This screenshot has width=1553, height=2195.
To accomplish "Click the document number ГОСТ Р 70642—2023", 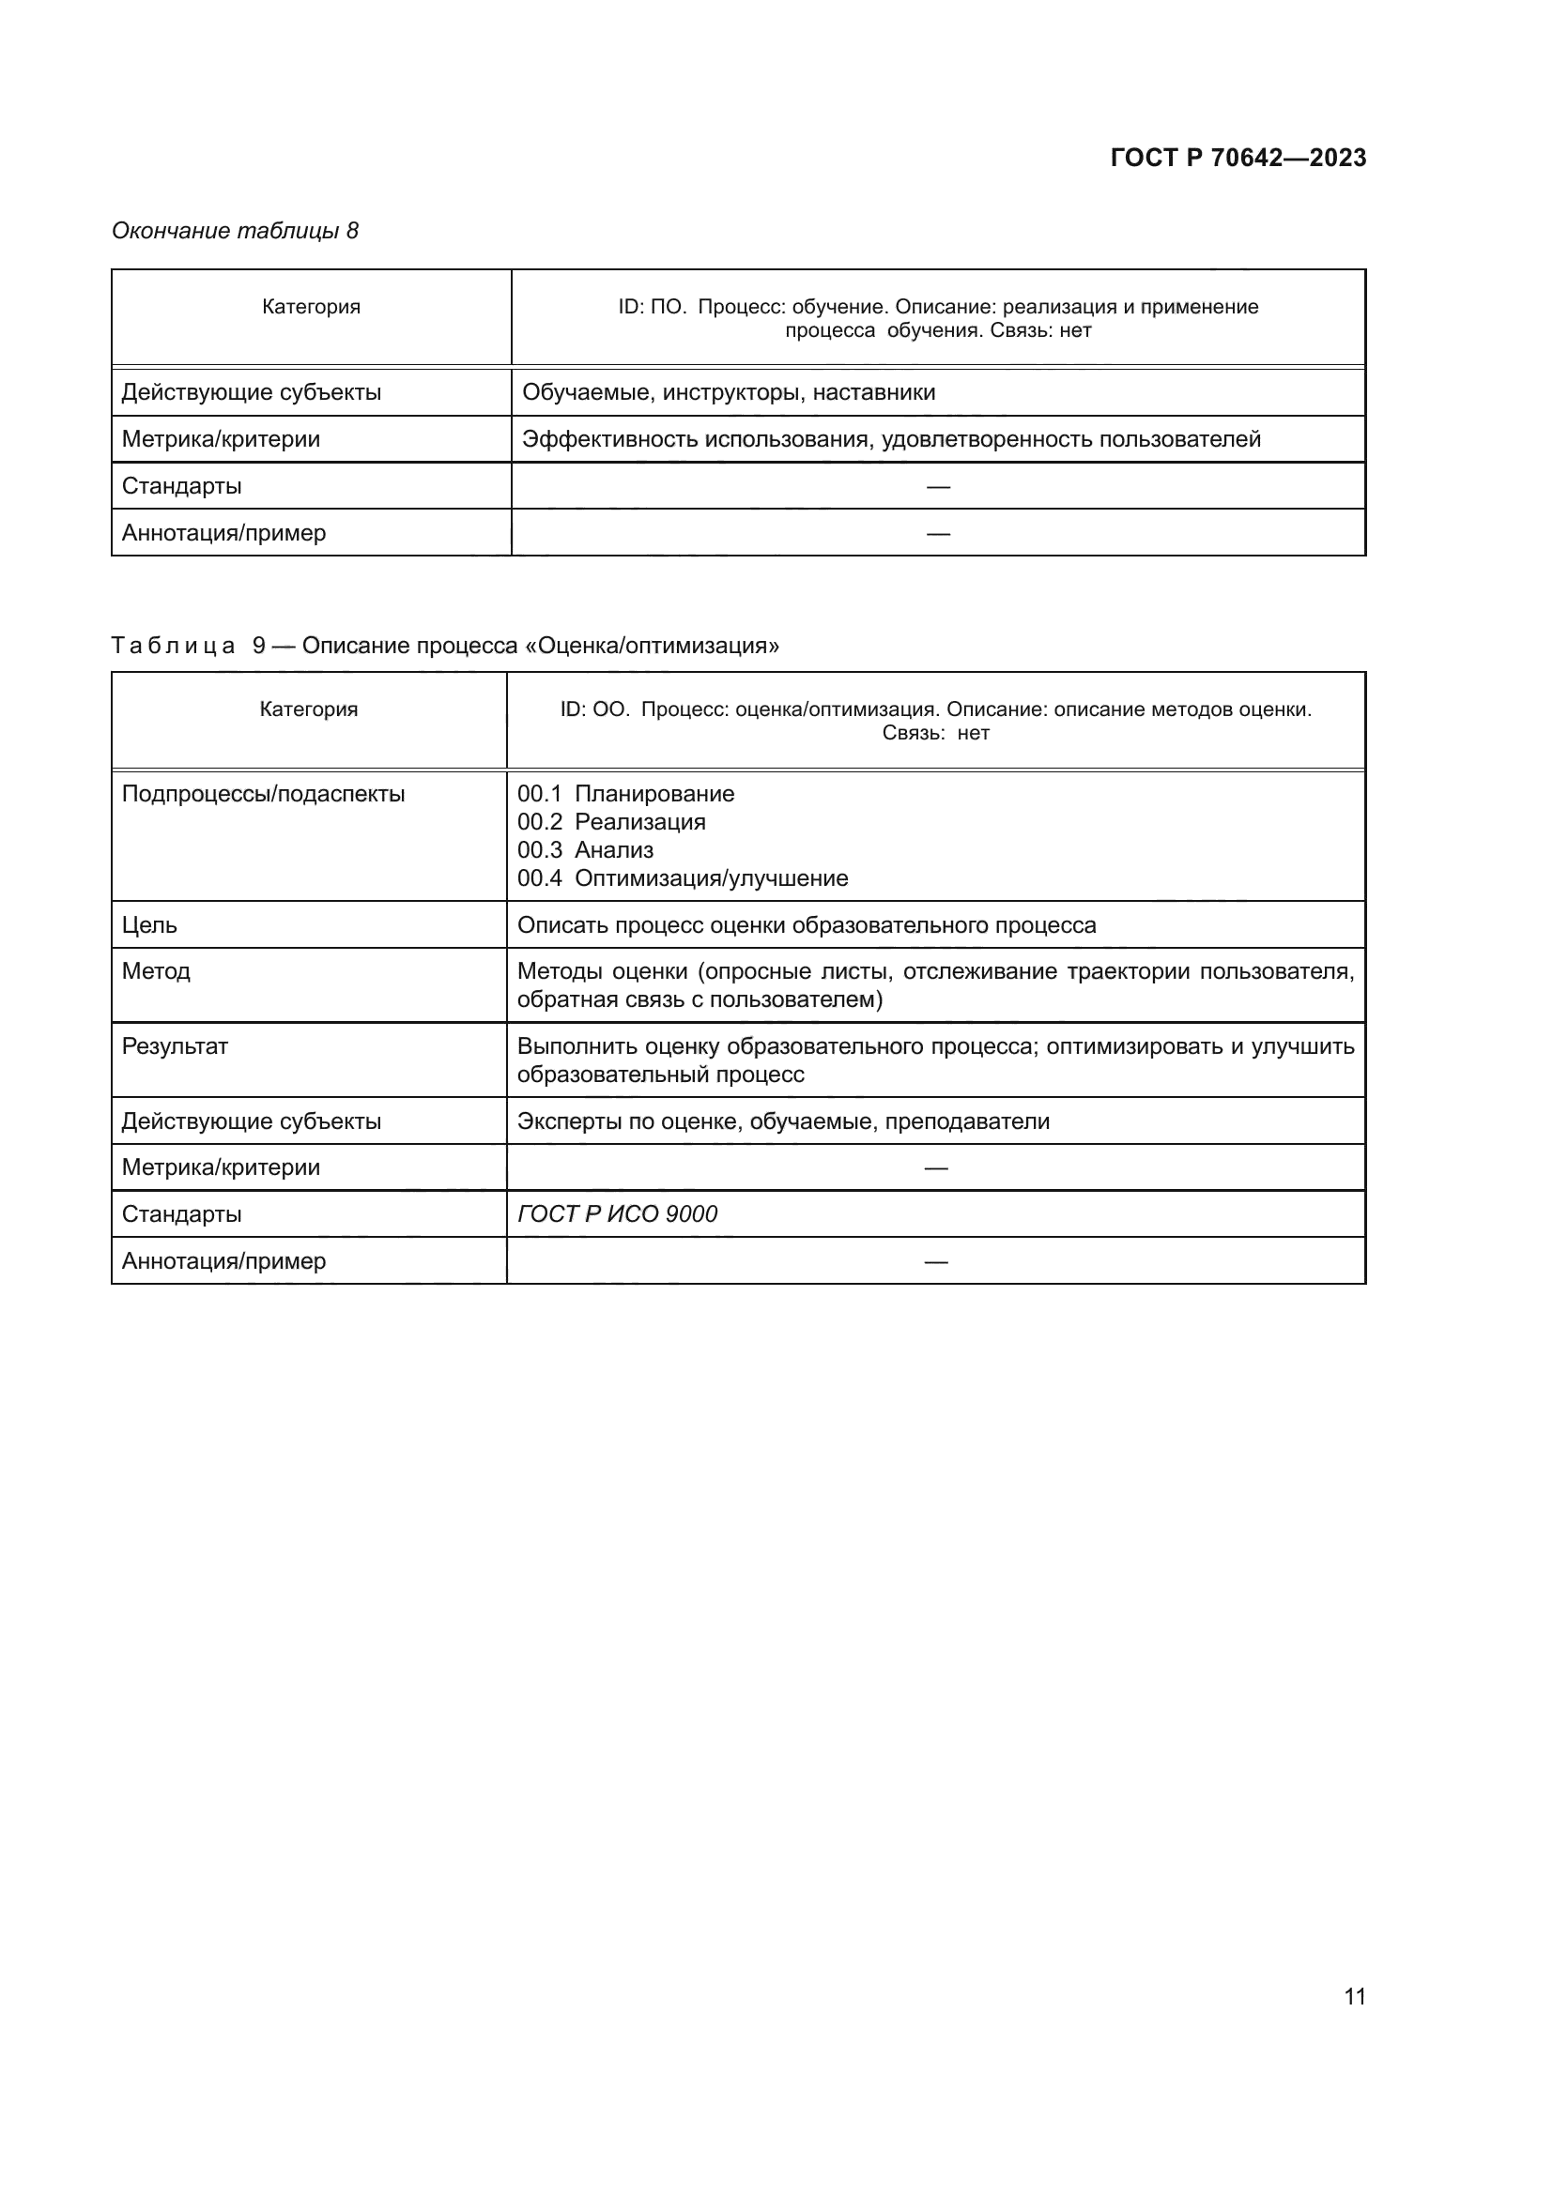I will pyautogui.click(x=1238, y=158).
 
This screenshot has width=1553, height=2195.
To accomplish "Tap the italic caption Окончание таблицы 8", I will pyautogui.click(x=235, y=231).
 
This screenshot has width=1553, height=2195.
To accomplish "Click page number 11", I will pyautogui.click(x=1354, y=1996).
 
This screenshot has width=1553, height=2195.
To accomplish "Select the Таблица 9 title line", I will pyautogui.click(x=445, y=646).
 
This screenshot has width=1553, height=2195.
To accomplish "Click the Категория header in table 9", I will pyautogui.click(x=308, y=709).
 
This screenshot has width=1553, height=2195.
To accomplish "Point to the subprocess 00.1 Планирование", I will pyautogui.click(x=625, y=794).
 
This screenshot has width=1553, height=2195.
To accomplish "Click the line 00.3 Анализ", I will pyautogui.click(x=585, y=850).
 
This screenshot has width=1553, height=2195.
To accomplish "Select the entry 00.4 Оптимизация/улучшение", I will pyautogui.click(x=682, y=877).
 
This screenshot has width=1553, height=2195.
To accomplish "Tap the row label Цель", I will pyautogui.click(x=149, y=925).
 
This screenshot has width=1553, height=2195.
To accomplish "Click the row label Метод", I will pyautogui.click(x=156, y=971).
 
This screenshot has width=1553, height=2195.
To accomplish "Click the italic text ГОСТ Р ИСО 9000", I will pyautogui.click(x=617, y=1214).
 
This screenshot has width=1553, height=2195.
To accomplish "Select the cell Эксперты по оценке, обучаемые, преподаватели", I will pyautogui.click(x=782, y=1121).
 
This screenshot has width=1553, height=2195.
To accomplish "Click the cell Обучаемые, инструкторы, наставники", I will pyautogui.click(x=728, y=392).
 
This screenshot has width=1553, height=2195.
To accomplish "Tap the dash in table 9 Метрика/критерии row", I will pyautogui.click(x=935, y=1168).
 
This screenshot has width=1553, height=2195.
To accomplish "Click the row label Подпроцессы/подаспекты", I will pyautogui.click(x=263, y=794).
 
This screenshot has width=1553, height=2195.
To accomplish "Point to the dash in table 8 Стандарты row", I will pyautogui.click(x=937, y=487).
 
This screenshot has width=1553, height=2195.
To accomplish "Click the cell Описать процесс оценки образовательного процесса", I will pyautogui.click(x=807, y=925).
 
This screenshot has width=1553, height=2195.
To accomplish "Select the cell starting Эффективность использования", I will pyautogui.click(x=890, y=439).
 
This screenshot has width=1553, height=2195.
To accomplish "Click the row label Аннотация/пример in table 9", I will pyautogui.click(x=223, y=1261).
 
